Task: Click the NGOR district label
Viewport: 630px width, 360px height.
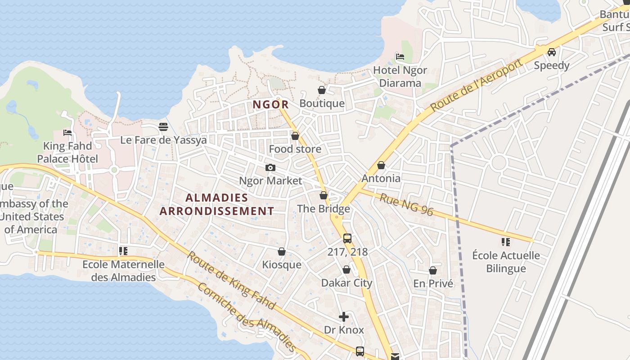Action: [270, 105]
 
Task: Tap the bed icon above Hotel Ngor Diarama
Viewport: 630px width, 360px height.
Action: [400, 57]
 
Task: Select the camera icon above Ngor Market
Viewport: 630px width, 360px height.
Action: [270, 167]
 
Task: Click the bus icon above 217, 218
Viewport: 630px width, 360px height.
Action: [347, 238]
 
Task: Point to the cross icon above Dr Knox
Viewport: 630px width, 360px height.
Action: [344, 317]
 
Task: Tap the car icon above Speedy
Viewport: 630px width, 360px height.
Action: [552, 52]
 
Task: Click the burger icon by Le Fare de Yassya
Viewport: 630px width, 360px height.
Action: [163, 127]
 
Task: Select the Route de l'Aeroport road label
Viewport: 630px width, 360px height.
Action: [477, 85]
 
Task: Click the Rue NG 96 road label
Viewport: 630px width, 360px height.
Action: [406, 205]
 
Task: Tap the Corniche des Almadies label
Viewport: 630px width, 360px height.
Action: [247, 318]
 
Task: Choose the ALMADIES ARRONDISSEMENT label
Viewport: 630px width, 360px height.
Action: [217, 204]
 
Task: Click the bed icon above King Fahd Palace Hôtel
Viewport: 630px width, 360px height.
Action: [67, 133]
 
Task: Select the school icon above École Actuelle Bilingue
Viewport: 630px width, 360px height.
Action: [506, 242]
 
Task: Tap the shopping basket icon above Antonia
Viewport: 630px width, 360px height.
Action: [381, 165]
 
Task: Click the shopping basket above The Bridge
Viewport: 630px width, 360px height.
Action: [324, 195]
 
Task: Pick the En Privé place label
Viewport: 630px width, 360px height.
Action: [433, 283]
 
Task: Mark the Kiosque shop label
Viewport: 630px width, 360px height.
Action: [282, 265]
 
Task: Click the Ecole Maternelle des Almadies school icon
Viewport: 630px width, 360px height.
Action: [123, 251]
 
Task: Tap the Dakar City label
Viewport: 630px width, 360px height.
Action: [346, 283]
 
